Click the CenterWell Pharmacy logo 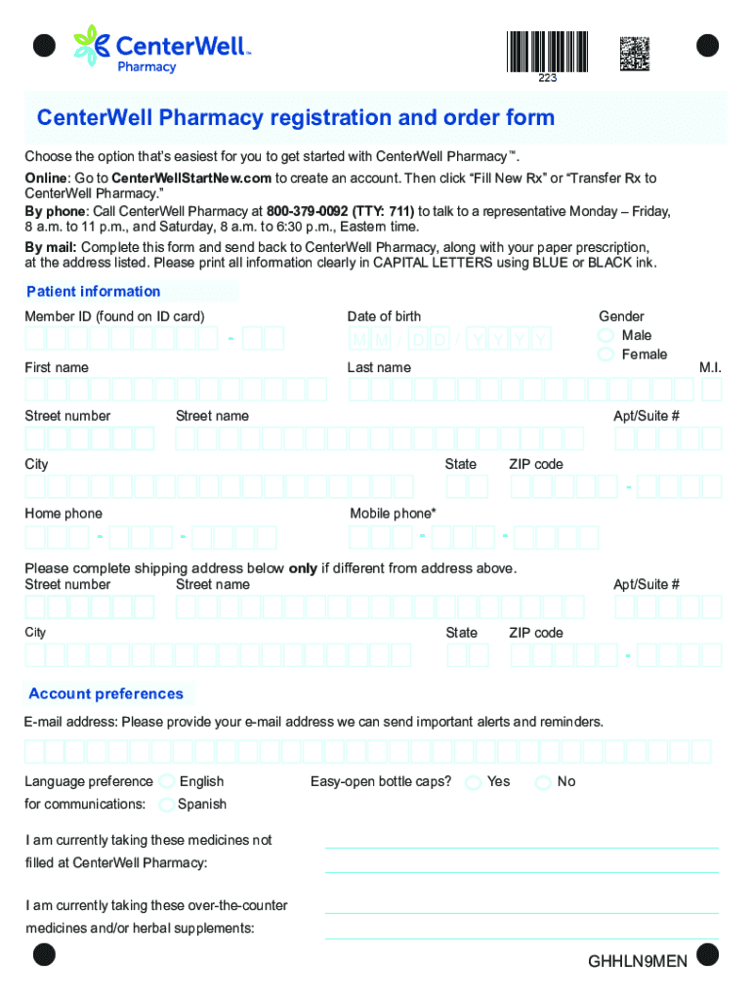click(x=161, y=49)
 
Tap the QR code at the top click(x=635, y=53)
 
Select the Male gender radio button click(x=606, y=335)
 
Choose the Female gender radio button click(x=606, y=354)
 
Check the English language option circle click(x=167, y=781)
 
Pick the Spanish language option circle click(x=167, y=804)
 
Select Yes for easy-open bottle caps click(x=474, y=782)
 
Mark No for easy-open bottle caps click(x=543, y=782)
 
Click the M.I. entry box click(x=711, y=390)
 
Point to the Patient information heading click(x=94, y=291)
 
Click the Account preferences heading click(x=106, y=693)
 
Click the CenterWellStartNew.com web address click(x=191, y=178)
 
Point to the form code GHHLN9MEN click(x=638, y=962)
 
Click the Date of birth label click(x=384, y=316)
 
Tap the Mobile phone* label click(x=393, y=514)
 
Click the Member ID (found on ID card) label click(x=114, y=316)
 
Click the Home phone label click(x=63, y=514)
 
